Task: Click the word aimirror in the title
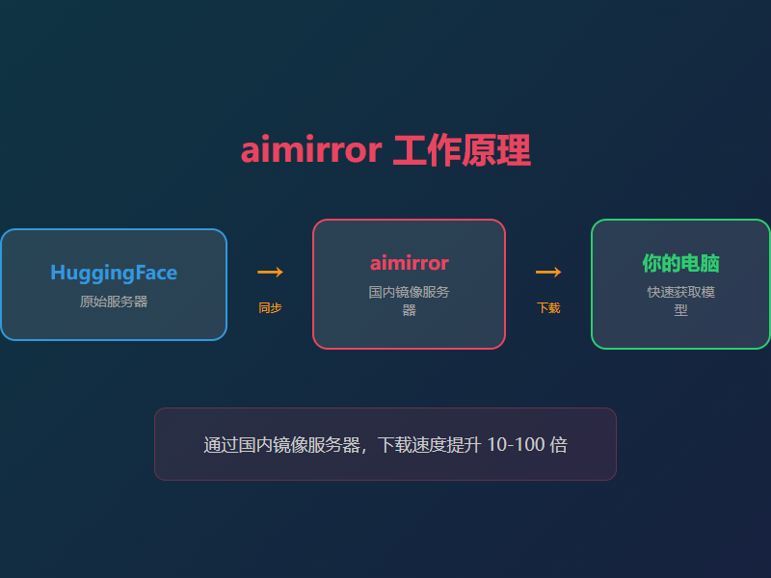click(310, 151)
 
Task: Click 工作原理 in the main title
click(462, 151)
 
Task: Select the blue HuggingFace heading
click(114, 273)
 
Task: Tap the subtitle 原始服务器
click(114, 302)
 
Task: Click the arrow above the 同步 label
click(270, 273)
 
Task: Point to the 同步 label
click(270, 308)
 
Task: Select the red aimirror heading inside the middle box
click(409, 263)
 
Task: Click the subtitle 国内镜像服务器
click(409, 292)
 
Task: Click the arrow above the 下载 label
click(548, 273)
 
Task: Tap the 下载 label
click(548, 308)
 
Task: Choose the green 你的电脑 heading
click(680, 263)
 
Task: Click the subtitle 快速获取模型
click(680, 292)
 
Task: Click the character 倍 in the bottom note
click(558, 445)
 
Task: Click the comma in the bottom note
click(364, 449)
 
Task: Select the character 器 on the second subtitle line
click(409, 310)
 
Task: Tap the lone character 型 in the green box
click(680, 310)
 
